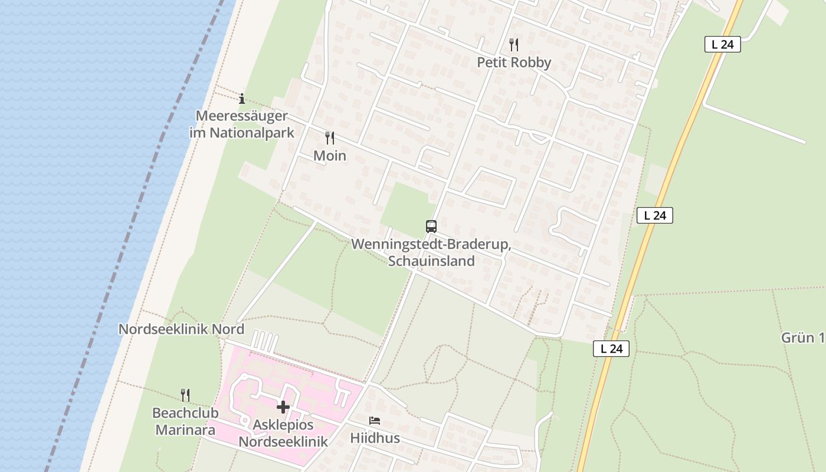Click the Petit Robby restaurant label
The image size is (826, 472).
pyautogui.click(x=514, y=63)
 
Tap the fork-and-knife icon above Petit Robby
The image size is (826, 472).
pyautogui.click(x=514, y=44)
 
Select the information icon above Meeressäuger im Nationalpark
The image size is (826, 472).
pyautogui.click(x=242, y=99)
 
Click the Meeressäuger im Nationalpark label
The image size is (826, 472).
pyautogui.click(x=242, y=124)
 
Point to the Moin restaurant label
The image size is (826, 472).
pyautogui.click(x=330, y=156)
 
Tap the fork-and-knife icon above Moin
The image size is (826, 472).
pyautogui.click(x=330, y=138)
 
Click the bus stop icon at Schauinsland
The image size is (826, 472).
pyautogui.click(x=431, y=226)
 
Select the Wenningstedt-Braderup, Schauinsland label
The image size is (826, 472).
pyautogui.click(x=431, y=253)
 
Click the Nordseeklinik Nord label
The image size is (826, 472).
pyautogui.click(x=181, y=329)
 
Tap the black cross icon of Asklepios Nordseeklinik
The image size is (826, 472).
pyautogui.click(x=283, y=407)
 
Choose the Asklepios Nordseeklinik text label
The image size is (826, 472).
pyautogui.click(x=283, y=433)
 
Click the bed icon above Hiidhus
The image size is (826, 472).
pyautogui.click(x=375, y=421)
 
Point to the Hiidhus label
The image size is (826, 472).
pyautogui.click(x=375, y=438)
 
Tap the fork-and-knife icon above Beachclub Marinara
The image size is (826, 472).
pyautogui.click(x=185, y=395)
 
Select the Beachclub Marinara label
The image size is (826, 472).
pyautogui.click(x=185, y=421)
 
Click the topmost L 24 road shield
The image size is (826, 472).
pyautogui.click(x=722, y=44)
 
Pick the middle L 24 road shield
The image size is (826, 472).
pyautogui.click(x=655, y=215)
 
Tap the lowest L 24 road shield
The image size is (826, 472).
pyautogui.click(x=611, y=349)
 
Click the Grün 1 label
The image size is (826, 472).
pyautogui.click(x=802, y=338)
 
